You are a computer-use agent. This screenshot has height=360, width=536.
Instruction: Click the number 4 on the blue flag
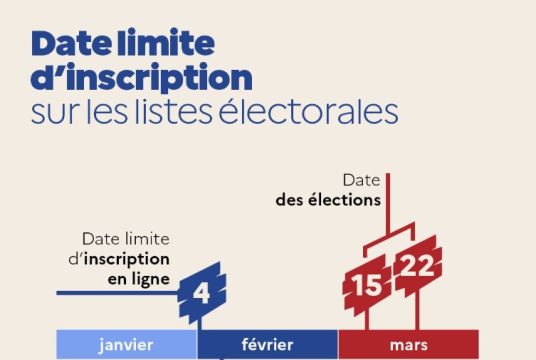201,293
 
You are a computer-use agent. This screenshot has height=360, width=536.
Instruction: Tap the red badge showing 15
365,286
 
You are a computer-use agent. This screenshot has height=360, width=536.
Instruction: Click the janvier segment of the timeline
126,345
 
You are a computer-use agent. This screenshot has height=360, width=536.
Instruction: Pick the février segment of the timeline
267,345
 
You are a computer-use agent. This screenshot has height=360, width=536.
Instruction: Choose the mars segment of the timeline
408,345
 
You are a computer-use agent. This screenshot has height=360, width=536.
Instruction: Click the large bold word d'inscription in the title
141,77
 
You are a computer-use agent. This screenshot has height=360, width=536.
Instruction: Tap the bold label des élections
329,199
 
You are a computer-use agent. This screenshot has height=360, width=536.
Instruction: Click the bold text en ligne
138,277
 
